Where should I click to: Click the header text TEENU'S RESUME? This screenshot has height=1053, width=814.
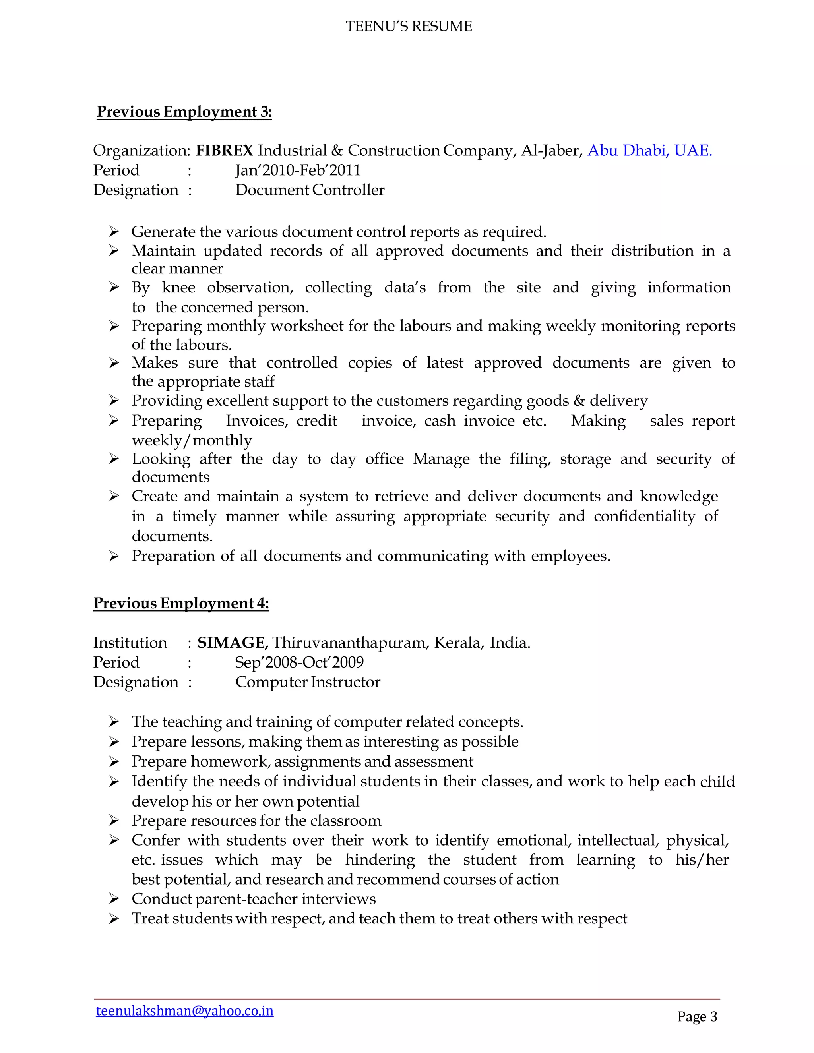[409, 27]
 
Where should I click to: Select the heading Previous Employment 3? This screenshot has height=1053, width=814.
[184, 112]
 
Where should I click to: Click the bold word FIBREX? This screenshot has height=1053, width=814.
[224, 151]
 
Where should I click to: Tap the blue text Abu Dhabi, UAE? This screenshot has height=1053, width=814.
[649, 151]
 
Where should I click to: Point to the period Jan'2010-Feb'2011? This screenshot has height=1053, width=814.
[298, 170]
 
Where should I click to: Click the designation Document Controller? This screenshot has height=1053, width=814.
[310, 190]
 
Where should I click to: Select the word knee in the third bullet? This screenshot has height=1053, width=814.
[178, 287]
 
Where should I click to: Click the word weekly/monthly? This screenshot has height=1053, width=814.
[192, 440]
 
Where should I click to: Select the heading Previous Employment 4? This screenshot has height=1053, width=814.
[181, 603]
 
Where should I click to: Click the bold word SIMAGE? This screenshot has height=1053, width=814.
[233, 643]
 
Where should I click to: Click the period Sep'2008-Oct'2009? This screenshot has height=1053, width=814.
[299, 662]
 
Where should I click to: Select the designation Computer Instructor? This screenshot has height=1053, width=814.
[308, 682]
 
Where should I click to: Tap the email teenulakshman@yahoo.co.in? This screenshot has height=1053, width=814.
[185, 1010]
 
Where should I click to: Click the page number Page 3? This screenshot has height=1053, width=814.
[697, 1017]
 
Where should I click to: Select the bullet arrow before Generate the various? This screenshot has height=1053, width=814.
[114, 232]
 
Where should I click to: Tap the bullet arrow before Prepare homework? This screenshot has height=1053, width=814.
[114, 761]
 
